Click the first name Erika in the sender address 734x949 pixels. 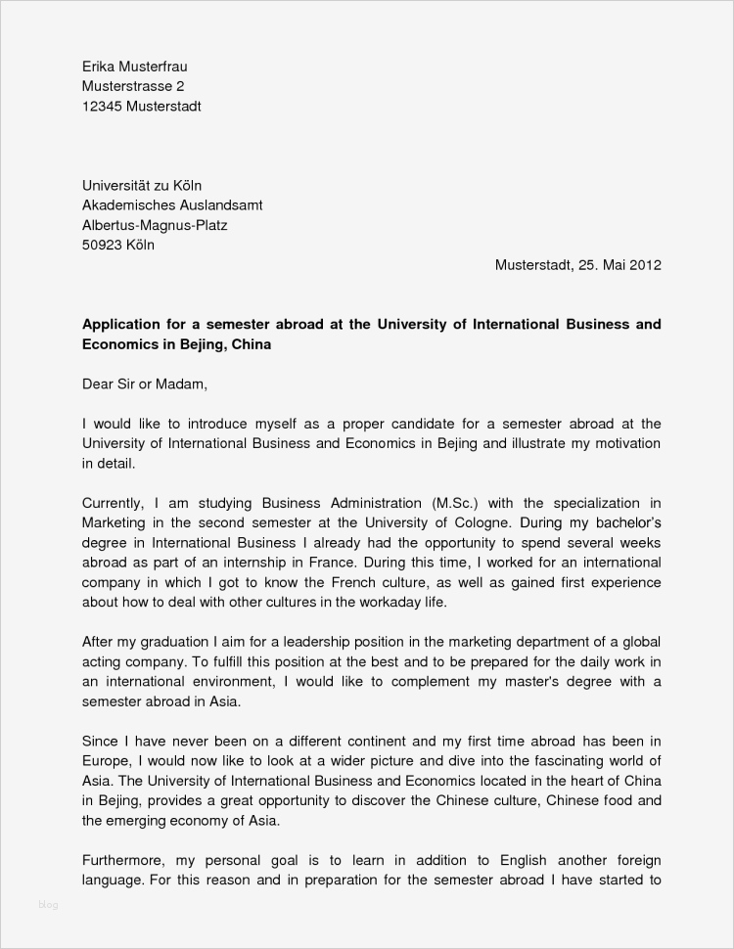(x=98, y=67)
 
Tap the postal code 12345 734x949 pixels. (x=102, y=107)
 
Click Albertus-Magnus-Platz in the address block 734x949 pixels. (x=155, y=225)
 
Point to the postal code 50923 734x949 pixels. (x=103, y=246)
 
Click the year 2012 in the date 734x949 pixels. (x=646, y=265)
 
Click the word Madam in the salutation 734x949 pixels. (x=183, y=384)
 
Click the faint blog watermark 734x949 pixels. (x=48, y=904)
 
